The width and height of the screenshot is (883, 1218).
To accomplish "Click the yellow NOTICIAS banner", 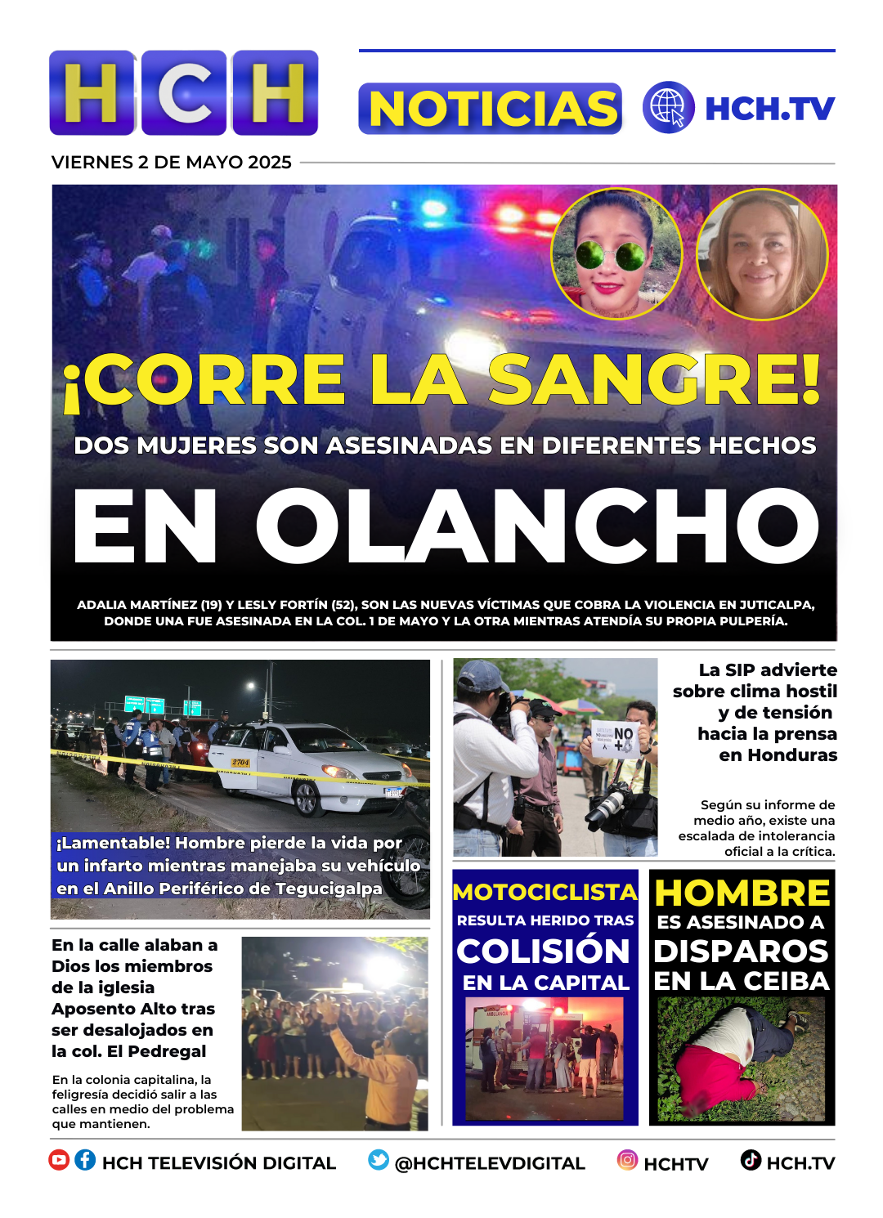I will pyautogui.click(x=491, y=109).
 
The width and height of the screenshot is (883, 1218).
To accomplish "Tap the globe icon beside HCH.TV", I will pyautogui.click(x=668, y=108).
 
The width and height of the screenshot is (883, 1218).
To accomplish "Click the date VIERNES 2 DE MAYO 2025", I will pyautogui.click(x=172, y=163).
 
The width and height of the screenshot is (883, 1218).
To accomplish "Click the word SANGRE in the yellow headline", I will pyautogui.click(x=655, y=380).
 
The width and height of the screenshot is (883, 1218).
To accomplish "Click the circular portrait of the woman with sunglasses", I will pyautogui.click(x=616, y=255).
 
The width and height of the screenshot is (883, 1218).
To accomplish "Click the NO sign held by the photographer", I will pyautogui.click(x=622, y=739).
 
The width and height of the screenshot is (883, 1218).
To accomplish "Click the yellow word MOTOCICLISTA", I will pyautogui.click(x=545, y=892).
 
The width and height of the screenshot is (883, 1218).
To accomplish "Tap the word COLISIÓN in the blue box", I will pyautogui.click(x=544, y=952).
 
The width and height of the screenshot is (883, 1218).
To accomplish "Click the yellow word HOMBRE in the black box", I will pyautogui.click(x=742, y=893).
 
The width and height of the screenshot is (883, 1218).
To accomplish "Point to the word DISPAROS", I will pyautogui.click(x=742, y=952).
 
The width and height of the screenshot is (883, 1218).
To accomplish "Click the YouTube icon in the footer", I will pyautogui.click(x=59, y=1160).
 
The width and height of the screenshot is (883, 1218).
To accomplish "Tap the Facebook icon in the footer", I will pyautogui.click(x=85, y=1160).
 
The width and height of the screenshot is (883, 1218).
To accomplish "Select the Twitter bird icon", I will pyautogui.click(x=378, y=1160).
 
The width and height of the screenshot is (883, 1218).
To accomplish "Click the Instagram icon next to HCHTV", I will pyautogui.click(x=627, y=1160).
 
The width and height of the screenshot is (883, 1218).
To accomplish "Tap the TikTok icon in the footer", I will pyautogui.click(x=751, y=1160).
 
